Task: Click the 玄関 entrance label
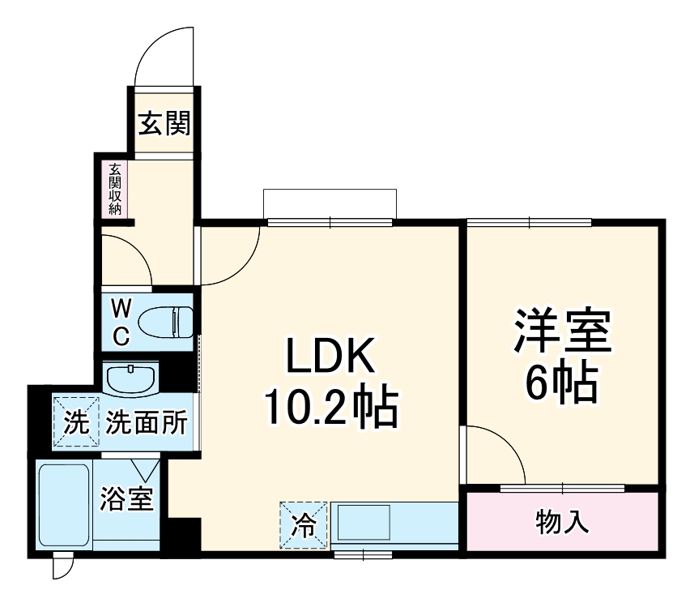(x=164, y=124)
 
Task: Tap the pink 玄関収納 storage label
(x=115, y=190)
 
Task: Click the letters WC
(x=120, y=323)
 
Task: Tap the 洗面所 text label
(x=147, y=422)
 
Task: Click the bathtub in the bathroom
(x=64, y=506)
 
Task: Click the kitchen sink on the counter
(x=364, y=523)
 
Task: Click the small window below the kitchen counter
(x=362, y=555)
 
